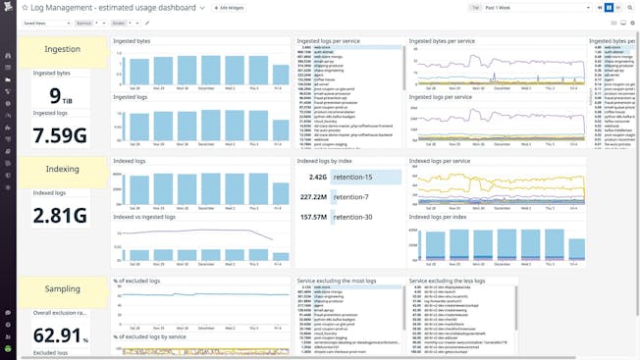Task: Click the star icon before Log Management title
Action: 26,7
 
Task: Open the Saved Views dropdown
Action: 45,22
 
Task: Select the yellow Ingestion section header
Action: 63,49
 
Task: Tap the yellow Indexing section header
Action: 63,169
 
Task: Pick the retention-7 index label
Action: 354,197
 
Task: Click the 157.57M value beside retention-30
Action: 313,217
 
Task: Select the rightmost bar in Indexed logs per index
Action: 567,248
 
